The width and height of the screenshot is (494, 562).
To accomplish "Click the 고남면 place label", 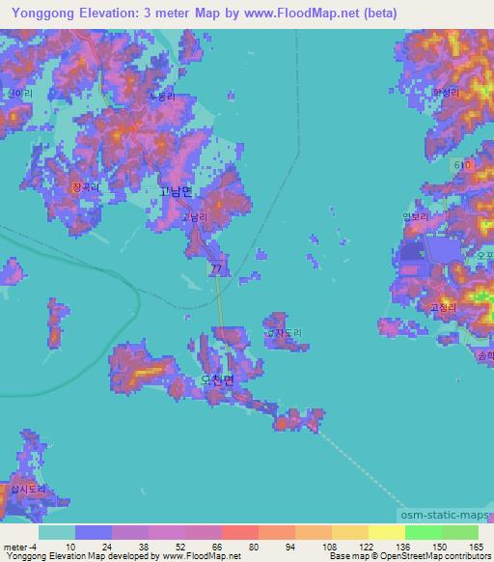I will (176, 192).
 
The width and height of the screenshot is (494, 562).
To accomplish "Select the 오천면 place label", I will (217, 380).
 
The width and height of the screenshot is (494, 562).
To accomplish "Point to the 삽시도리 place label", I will (26, 490).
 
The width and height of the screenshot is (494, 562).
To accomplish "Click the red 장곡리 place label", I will (84, 186).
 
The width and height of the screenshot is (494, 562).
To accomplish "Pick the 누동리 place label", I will (161, 98).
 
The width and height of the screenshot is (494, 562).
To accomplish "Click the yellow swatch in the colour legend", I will (386, 532).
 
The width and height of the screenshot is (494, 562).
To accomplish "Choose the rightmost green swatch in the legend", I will (459, 532).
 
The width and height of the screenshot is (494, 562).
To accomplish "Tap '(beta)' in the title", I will (372, 12).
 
